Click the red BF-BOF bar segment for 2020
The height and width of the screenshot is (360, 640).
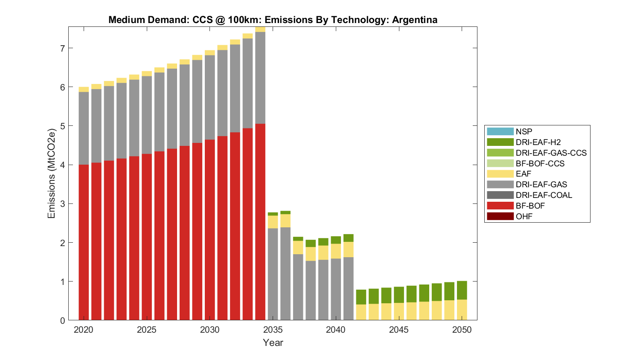click(84, 242)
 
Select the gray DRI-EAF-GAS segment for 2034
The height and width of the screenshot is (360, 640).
click(260, 78)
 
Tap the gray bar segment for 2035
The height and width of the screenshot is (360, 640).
click(273, 274)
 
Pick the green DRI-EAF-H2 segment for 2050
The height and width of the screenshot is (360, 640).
click(462, 290)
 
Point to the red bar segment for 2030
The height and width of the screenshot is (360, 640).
click(210, 230)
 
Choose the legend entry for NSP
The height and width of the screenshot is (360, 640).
click(524, 132)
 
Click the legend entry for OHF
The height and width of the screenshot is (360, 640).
click(524, 216)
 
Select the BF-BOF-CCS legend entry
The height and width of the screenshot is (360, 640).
click(540, 163)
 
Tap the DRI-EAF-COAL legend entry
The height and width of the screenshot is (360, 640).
click(544, 195)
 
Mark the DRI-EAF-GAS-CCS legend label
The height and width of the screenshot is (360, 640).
click(551, 153)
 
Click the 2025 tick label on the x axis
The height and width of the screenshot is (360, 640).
click(147, 330)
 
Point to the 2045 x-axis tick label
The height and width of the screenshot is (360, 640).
click(399, 330)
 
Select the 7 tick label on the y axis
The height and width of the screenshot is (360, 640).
click(62, 49)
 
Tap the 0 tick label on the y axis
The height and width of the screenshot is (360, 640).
click(62, 320)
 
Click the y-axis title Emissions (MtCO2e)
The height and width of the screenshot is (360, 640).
click(52, 173)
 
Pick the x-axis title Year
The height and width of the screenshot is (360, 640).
click(273, 343)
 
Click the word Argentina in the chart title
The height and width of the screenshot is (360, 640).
click(414, 20)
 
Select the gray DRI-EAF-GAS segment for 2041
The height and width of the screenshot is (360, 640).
click(349, 289)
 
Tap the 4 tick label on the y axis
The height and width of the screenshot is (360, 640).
click(62, 165)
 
